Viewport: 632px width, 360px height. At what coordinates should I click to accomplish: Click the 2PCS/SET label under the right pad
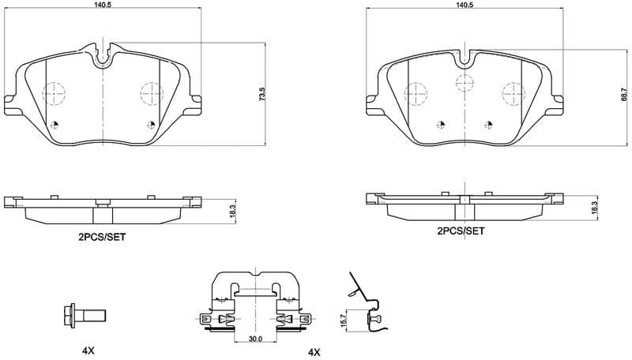(461, 231)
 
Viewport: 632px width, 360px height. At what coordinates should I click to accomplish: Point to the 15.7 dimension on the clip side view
(344, 318)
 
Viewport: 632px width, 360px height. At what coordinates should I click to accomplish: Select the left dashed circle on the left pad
(53, 94)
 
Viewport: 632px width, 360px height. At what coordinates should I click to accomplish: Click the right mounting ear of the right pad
(559, 100)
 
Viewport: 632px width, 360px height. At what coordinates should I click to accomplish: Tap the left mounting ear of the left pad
(10, 101)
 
